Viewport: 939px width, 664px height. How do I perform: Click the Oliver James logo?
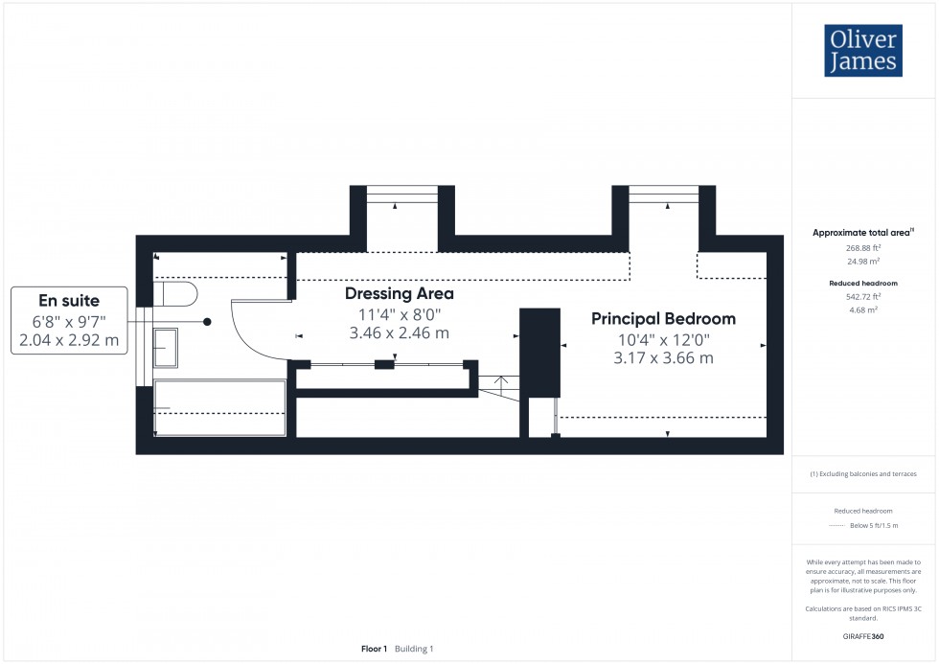tap(862, 51)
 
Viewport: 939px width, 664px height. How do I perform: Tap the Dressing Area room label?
tap(399, 293)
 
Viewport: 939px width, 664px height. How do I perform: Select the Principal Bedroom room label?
tap(663, 319)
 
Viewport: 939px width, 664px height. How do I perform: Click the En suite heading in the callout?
tap(68, 301)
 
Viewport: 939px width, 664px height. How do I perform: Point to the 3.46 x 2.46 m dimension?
tap(399, 333)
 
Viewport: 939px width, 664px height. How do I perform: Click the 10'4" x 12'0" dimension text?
tap(663, 339)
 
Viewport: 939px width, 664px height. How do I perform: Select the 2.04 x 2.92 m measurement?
tap(68, 340)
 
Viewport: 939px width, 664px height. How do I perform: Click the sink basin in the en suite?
tap(165, 347)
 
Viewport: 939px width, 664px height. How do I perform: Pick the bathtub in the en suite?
tap(219, 408)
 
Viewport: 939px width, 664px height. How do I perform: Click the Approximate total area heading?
tap(862, 233)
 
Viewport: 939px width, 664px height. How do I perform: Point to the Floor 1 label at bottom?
tap(373, 649)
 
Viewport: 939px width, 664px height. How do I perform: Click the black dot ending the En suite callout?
tap(207, 322)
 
